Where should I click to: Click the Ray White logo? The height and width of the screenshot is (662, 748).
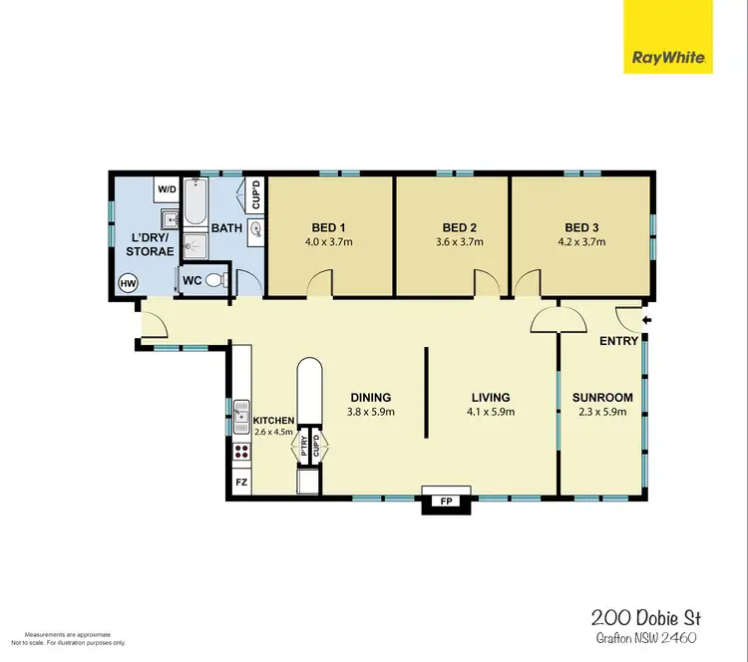pyautogui.click(x=668, y=37)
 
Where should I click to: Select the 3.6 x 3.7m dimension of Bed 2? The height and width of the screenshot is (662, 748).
pyautogui.click(x=461, y=242)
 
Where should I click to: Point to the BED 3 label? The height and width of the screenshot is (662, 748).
pyautogui.click(x=580, y=226)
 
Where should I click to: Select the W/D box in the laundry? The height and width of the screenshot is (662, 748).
pyautogui.click(x=165, y=188)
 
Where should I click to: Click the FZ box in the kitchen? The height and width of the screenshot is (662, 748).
pyautogui.click(x=240, y=484)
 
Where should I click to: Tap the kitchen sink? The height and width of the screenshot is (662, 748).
pyautogui.click(x=240, y=415)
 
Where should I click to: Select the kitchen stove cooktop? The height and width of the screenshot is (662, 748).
pyautogui.click(x=240, y=454)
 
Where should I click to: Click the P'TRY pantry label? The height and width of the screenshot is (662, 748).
pyautogui.click(x=305, y=448)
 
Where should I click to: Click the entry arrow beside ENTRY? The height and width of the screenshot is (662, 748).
pyautogui.click(x=647, y=320)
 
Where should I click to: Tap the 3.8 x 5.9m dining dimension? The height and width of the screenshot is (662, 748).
pyautogui.click(x=370, y=412)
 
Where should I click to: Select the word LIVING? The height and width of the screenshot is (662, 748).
pyautogui.click(x=489, y=397)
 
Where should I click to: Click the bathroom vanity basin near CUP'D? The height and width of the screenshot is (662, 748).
pyautogui.click(x=256, y=228)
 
